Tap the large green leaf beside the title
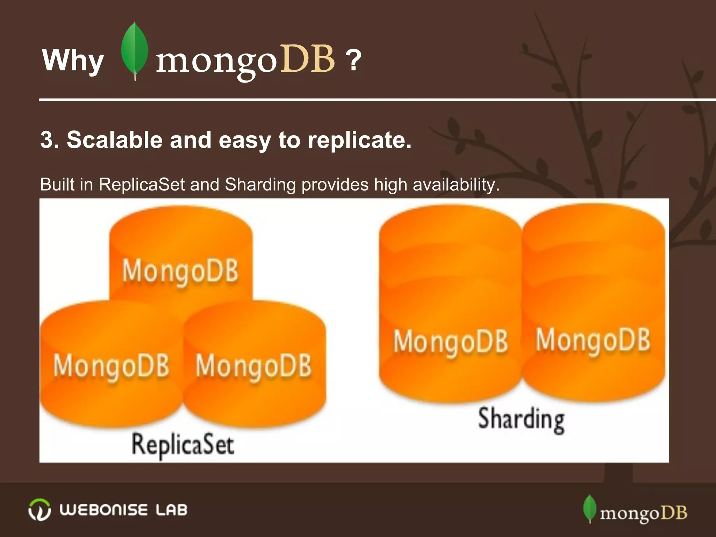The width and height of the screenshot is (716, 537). [x=134, y=51]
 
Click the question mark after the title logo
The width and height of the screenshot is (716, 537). [x=353, y=60]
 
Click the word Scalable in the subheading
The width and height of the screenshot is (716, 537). [x=115, y=140]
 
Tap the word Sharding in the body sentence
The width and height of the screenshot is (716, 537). [x=260, y=184]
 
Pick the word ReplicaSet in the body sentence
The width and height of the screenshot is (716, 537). [x=141, y=184]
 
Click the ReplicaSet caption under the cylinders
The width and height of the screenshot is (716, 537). [x=183, y=445]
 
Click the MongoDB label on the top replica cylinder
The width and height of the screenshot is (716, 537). [x=180, y=271]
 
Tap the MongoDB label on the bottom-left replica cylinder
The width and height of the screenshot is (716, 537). [x=111, y=366]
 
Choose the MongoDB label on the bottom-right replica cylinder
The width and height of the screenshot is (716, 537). [x=253, y=366]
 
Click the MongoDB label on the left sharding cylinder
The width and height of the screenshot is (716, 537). [x=451, y=341]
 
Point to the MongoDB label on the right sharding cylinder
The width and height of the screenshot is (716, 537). [x=593, y=340]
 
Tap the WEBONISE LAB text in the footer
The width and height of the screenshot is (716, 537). [x=123, y=510]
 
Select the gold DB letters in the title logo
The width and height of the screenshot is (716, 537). [x=308, y=59]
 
